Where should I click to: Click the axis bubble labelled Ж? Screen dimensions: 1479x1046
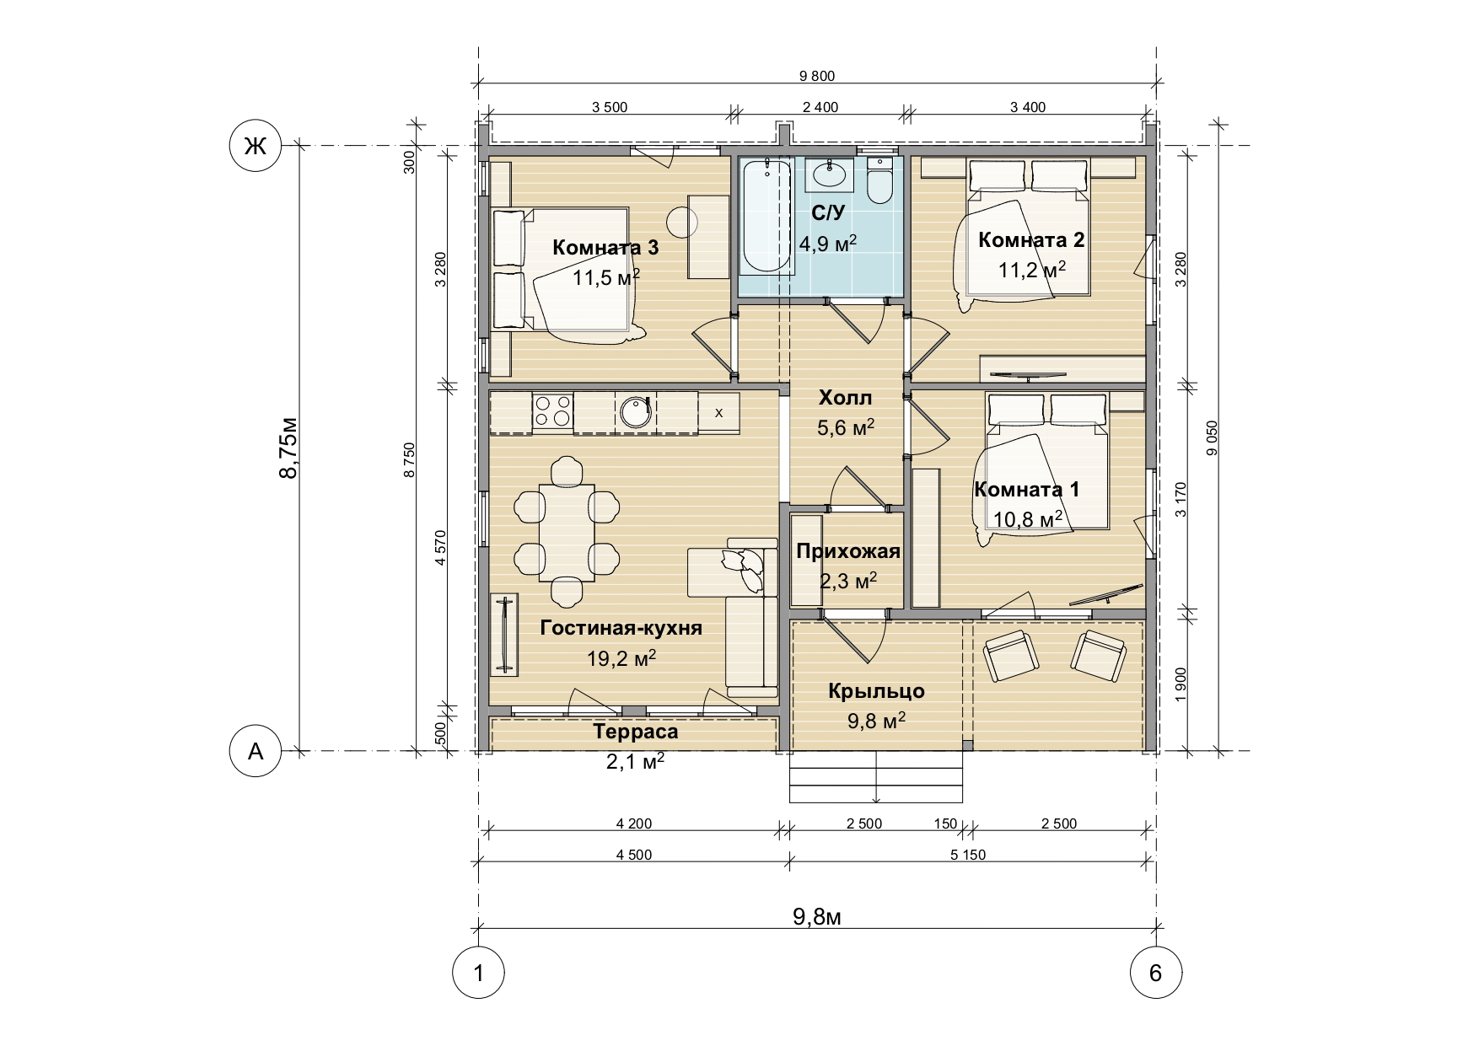[x=255, y=146]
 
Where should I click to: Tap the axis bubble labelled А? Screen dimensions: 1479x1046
[x=255, y=750]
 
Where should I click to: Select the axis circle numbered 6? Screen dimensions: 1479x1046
[x=1155, y=973]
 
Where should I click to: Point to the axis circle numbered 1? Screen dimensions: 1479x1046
[x=479, y=973]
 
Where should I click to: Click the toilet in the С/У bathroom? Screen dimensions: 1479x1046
[x=879, y=180]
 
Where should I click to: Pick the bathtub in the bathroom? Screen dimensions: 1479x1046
[x=766, y=216]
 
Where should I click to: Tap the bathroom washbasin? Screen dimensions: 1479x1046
[x=830, y=175]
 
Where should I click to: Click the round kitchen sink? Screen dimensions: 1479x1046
[x=635, y=412]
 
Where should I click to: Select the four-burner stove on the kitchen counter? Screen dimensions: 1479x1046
[x=552, y=412]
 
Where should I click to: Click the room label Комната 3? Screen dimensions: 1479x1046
[x=605, y=248]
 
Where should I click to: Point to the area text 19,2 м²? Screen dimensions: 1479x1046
[x=621, y=658]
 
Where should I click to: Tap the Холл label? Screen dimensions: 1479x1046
[x=846, y=398]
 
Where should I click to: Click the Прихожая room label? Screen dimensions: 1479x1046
[x=848, y=552]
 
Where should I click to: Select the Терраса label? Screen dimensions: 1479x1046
[x=636, y=732]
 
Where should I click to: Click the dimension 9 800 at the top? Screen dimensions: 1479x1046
[x=816, y=76]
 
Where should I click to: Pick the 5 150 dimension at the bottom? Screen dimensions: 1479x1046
[x=967, y=855]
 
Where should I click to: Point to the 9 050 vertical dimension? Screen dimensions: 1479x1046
[x=1213, y=438]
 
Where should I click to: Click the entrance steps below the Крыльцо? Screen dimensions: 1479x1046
[x=877, y=777]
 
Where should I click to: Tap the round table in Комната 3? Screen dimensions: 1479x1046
[x=682, y=222]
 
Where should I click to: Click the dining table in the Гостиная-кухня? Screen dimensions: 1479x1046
[x=567, y=531]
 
